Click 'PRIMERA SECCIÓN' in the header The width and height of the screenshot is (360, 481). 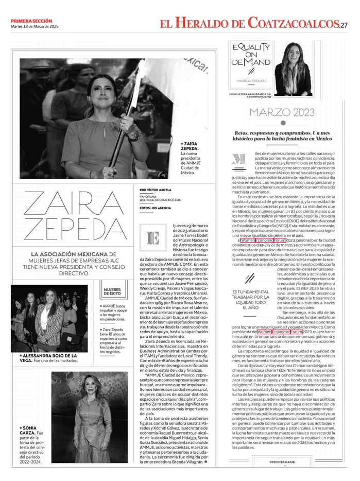[31, 21]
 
